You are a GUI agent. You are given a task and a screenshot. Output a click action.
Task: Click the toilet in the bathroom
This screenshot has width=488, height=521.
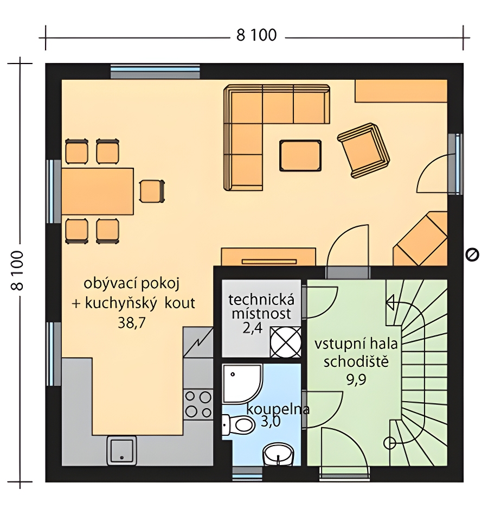coord(239,424)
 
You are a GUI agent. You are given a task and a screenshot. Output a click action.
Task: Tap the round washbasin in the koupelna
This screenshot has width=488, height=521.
coord(279,454)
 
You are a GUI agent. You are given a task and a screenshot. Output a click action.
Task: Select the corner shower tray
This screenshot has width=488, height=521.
coord(241,383)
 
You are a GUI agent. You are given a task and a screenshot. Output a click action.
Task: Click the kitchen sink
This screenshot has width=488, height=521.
coord(121,450)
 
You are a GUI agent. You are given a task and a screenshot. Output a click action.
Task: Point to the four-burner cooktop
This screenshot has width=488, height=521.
coord(198,404)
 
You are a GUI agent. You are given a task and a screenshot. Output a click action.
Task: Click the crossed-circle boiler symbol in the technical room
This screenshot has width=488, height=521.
coord(286,342)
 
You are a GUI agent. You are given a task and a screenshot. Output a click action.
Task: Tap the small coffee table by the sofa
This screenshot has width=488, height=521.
coord(300,156)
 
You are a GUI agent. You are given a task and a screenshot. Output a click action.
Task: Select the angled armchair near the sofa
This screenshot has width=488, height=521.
coord(363,150)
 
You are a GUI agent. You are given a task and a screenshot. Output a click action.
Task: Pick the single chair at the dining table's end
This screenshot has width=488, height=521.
coord(152,191)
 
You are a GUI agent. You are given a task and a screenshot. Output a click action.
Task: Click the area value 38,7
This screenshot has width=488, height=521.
coord(132,322)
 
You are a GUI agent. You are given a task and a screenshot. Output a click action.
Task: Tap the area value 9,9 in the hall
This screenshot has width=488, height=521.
coord(356,379)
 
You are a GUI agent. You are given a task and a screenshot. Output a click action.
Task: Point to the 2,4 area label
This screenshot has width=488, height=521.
coord(252,329)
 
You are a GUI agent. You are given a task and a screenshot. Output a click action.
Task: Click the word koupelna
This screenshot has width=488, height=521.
coord(278,409)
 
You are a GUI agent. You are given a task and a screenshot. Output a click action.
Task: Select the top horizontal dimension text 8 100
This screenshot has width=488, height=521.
coord(256,35)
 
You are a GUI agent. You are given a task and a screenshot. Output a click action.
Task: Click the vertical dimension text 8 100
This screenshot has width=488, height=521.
coord(17,271)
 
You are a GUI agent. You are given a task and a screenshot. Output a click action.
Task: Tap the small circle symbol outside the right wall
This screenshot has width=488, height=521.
coord(472,255)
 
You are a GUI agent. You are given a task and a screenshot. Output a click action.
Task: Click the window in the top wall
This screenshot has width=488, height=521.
coord(156,71)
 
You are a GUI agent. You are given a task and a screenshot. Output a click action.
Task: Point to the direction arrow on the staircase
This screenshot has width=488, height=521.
coord(391,303)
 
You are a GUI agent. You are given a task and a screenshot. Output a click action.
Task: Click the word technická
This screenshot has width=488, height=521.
coord(261,300)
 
